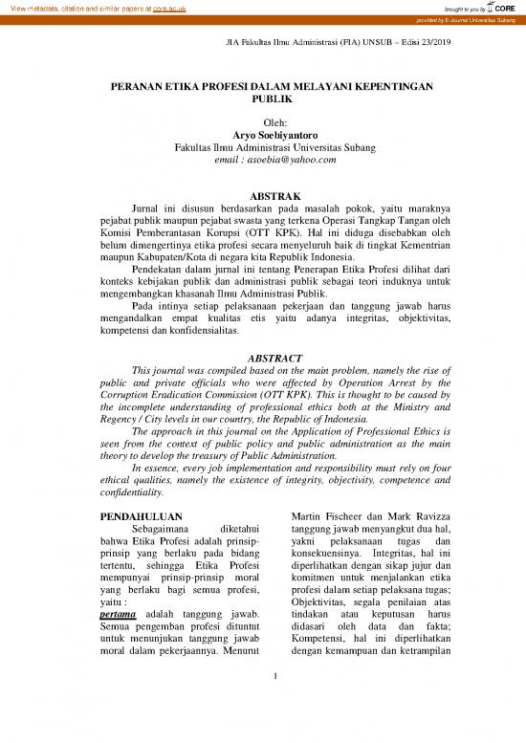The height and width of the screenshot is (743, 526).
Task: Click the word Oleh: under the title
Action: tap(262, 123)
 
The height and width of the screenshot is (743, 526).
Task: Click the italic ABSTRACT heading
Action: tap(262, 356)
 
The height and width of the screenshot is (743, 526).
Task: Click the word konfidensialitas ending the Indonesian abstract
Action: tap(195, 332)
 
